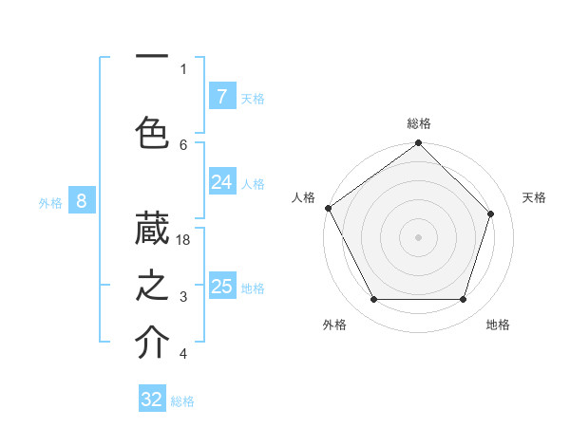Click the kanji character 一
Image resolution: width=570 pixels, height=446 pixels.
(152, 57)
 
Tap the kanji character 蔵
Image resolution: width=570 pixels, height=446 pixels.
(152, 229)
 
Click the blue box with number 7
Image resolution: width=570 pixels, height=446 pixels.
(222, 96)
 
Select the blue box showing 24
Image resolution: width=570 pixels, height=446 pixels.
(222, 182)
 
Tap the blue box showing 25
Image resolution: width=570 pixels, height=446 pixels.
(222, 287)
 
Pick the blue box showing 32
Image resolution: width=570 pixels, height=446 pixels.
(152, 400)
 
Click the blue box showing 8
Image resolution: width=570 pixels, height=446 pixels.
(82, 200)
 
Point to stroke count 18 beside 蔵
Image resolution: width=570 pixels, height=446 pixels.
(184, 240)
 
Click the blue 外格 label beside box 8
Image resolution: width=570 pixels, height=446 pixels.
(49, 202)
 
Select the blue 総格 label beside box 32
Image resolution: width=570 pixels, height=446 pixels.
(182, 401)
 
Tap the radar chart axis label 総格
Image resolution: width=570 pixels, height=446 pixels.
(419, 123)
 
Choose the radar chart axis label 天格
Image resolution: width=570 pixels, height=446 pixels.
(534, 197)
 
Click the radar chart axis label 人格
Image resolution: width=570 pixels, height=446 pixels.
(303, 197)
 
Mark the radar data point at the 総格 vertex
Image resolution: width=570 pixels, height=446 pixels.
(419, 143)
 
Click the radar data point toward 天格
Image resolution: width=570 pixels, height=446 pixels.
(491, 214)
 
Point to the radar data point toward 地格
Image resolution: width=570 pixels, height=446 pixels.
(464, 300)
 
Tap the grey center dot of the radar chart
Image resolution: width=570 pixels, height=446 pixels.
(419, 237)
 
